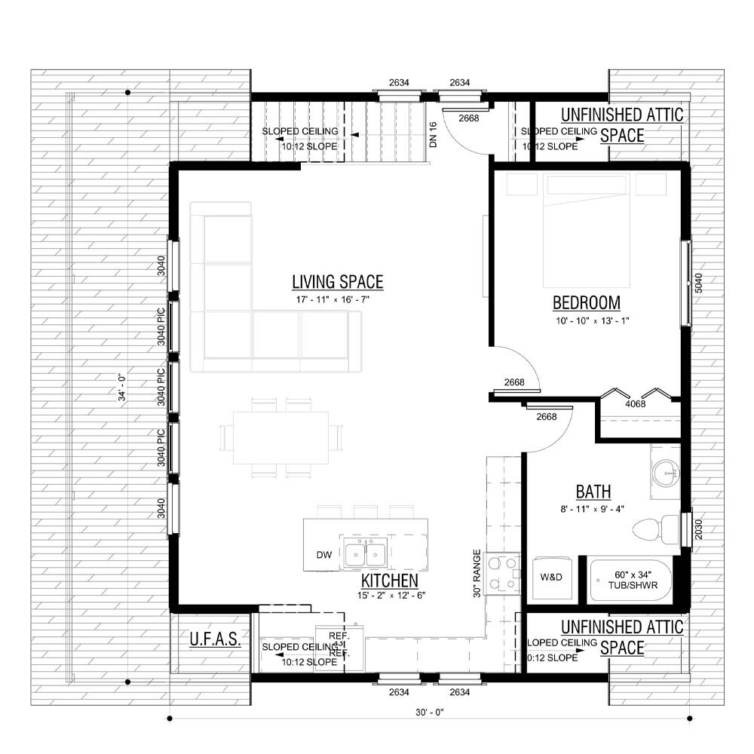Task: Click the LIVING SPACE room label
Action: coord(337,283)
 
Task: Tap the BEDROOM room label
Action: coord(586,303)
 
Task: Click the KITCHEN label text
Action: coord(389,581)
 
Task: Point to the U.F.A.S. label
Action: coord(215,640)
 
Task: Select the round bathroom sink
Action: coord(665,473)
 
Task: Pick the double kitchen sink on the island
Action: coord(366,553)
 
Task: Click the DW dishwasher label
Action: coord(324,556)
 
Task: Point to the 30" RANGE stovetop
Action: coord(502,574)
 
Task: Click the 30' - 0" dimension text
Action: coord(428,713)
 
